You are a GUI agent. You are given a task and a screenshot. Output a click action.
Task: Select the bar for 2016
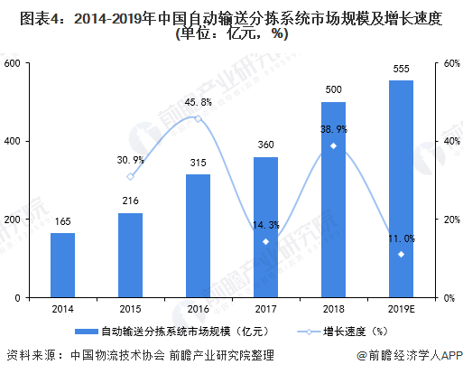[199, 236]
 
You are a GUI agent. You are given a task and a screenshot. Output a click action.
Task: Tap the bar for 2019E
[401, 189]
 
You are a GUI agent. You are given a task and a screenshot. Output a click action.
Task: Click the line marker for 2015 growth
[131, 176]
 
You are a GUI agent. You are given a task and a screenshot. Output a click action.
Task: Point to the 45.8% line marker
[199, 118]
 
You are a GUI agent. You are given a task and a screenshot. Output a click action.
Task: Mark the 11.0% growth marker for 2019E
[401, 254]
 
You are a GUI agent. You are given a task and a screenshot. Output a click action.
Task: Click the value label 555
[401, 70]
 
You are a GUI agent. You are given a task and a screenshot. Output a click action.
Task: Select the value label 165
[63, 220]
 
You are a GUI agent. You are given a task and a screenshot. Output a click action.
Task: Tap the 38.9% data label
[333, 130]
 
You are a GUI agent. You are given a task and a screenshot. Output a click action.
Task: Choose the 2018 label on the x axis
[333, 308]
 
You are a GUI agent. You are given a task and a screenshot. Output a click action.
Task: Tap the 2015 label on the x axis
[131, 308]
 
